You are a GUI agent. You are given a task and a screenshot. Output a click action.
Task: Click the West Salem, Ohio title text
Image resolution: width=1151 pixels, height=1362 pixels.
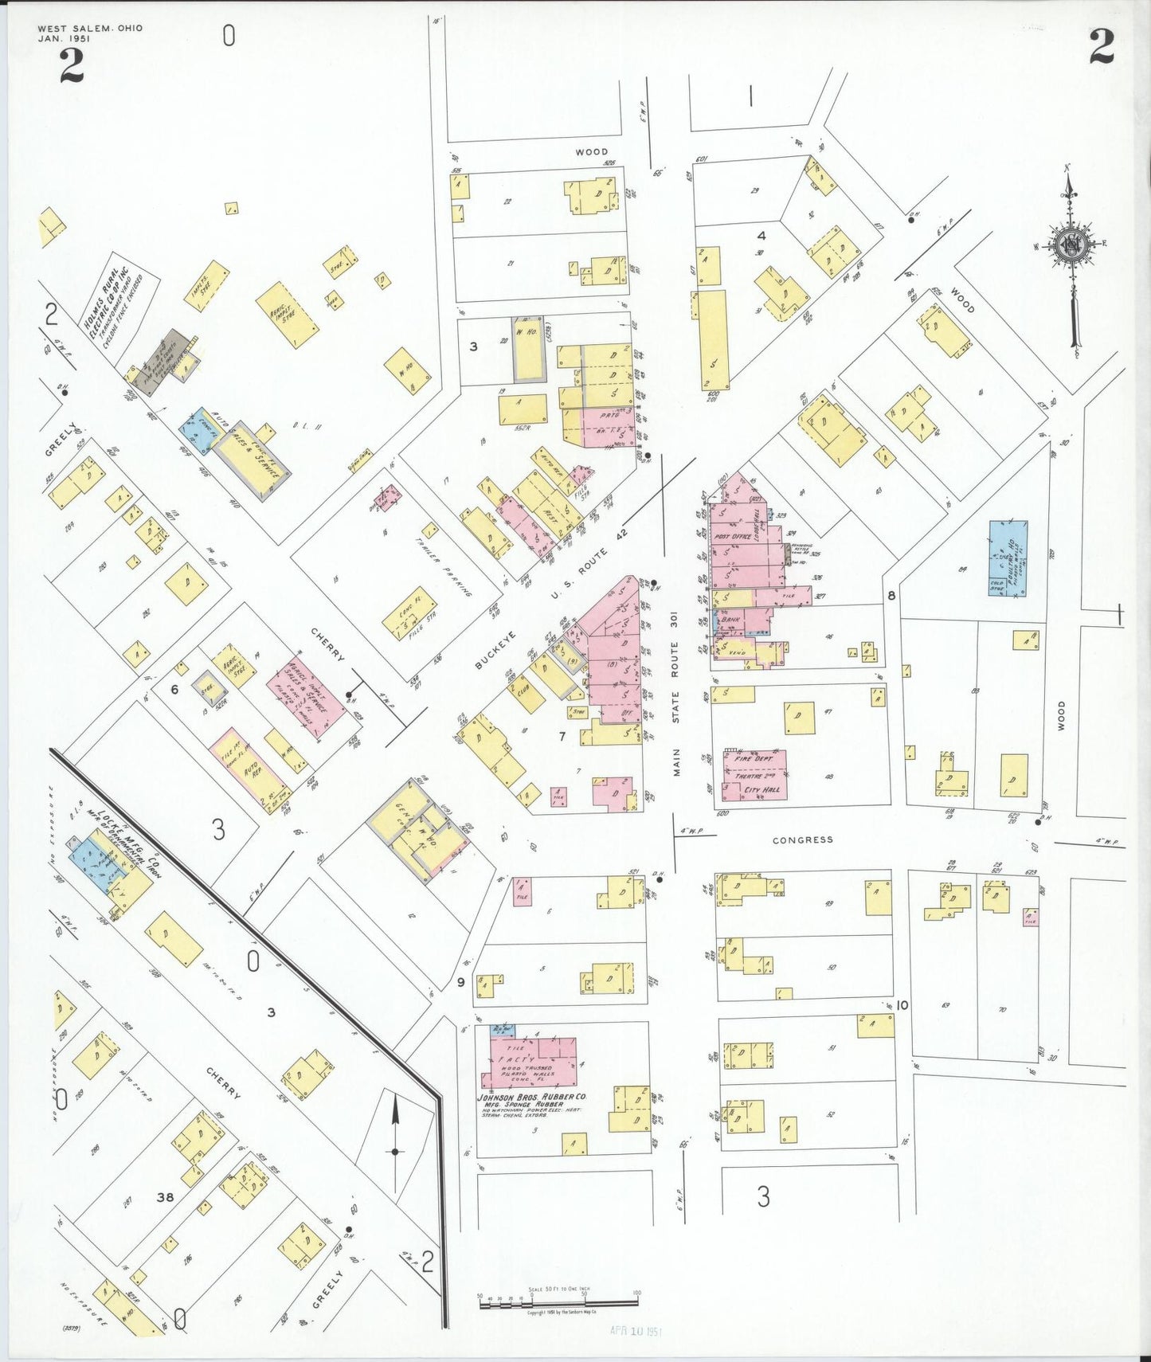pyautogui.click(x=90, y=28)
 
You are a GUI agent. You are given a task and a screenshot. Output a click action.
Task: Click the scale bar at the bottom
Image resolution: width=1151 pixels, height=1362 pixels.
pyautogui.click(x=558, y=1303)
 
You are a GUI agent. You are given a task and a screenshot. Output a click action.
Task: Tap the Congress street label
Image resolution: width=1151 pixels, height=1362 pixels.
pyautogui.click(x=802, y=840)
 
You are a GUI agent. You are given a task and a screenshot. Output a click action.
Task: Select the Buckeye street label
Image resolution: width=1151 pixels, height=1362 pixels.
pyautogui.click(x=495, y=650)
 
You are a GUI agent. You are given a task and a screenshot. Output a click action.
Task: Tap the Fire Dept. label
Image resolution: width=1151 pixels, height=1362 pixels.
pyautogui.click(x=754, y=759)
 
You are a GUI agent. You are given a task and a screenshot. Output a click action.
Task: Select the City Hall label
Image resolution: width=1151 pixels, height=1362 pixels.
pyautogui.click(x=761, y=789)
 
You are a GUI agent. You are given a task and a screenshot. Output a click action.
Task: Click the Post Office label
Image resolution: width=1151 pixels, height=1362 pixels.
pyautogui.click(x=734, y=537)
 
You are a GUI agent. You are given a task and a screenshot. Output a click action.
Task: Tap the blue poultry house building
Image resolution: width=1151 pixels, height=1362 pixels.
pyautogui.click(x=1008, y=558)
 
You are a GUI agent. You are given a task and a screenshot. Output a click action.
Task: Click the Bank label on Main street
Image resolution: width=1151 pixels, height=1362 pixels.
pyautogui.click(x=730, y=618)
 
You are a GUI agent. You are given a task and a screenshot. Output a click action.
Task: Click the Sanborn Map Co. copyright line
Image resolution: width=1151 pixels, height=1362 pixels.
pyautogui.click(x=561, y=1312)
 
